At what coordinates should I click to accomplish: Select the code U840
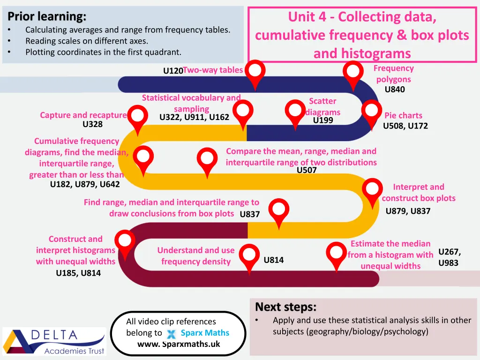(395, 90)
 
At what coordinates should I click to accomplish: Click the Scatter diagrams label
(322, 106)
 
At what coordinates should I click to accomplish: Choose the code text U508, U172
(405, 126)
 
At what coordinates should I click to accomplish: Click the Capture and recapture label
(83, 115)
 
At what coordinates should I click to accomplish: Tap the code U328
(92, 124)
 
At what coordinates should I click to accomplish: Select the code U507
(307, 170)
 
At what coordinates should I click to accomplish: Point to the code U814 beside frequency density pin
(274, 260)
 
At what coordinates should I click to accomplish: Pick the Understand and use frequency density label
(195, 256)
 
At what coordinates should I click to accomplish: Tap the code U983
(448, 263)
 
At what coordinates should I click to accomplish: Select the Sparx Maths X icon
(171, 334)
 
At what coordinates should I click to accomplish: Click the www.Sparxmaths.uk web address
(178, 344)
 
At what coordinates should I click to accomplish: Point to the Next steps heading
(285, 307)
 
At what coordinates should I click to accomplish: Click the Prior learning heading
(47, 17)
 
